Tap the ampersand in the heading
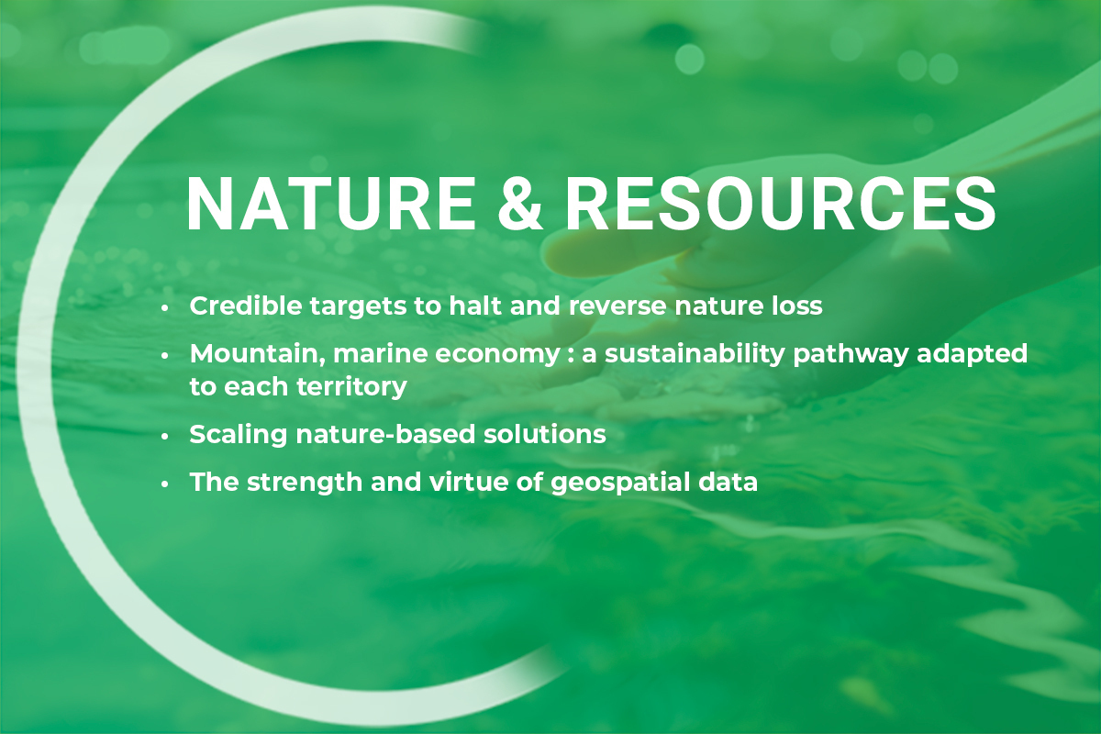[520, 203]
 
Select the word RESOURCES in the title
[781, 203]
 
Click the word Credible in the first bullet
[246, 306]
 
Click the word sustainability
[695, 354]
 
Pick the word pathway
[851, 354]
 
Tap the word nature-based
[385, 434]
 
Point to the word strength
[305, 483]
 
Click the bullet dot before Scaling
[164, 437]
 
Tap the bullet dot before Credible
[164, 308]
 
